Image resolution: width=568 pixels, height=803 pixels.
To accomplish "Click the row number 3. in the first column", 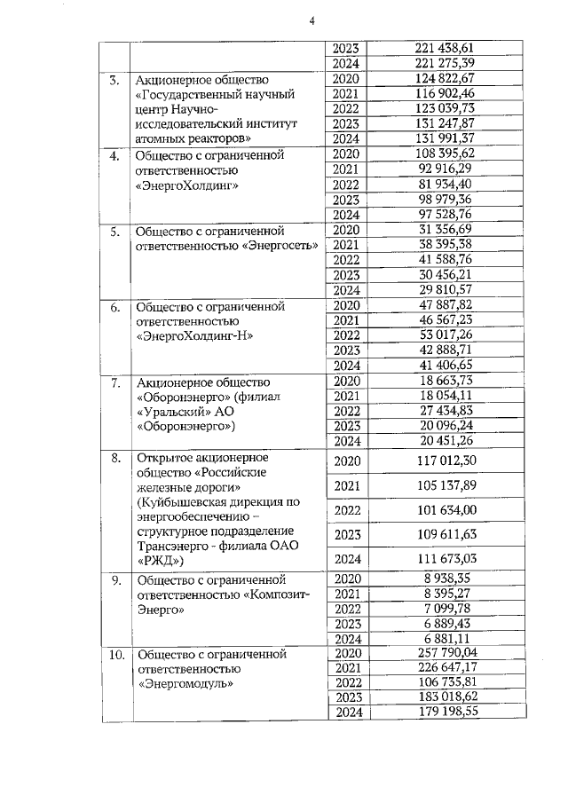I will coord(114,81).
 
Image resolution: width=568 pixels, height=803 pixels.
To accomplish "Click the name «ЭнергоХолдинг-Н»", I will coord(193,337).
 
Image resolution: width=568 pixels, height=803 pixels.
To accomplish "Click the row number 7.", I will coord(114,382).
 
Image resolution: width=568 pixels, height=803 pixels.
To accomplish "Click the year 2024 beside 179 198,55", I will coord(347,712).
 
